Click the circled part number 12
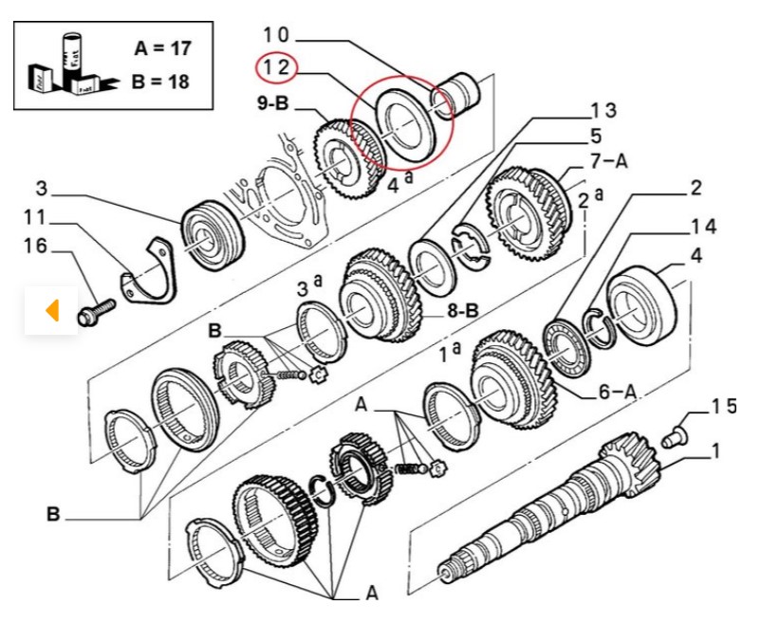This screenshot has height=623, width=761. (276, 67)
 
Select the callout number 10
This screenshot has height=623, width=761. (276, 35)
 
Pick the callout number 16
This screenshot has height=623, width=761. (35, 247)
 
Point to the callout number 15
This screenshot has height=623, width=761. (723, 407)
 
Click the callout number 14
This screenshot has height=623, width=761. (704, 227)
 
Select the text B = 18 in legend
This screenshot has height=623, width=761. (161, 82)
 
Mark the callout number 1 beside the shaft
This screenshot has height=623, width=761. (715, 450)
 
